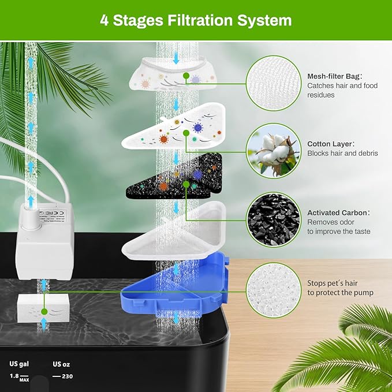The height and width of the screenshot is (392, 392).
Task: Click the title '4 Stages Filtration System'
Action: tap(196, 20)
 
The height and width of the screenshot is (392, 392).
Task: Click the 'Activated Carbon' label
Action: tap(338, 212)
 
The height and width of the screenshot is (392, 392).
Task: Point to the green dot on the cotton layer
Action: tap(186, 133)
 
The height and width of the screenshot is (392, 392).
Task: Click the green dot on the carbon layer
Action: tap(185, 184)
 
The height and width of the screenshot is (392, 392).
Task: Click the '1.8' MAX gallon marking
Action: tap(14, 376)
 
